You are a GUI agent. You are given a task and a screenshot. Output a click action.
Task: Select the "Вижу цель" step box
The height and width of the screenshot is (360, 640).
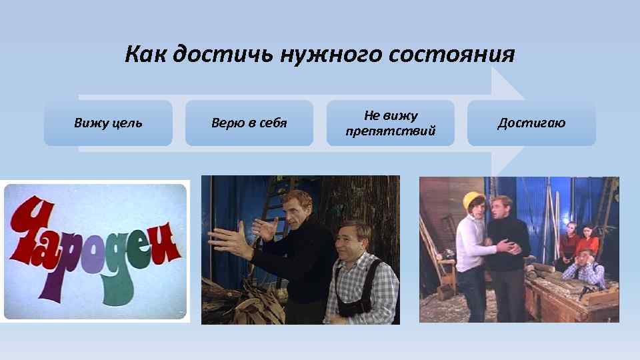tap(108, 123)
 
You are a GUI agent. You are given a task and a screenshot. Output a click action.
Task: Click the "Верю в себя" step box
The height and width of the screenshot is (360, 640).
tap(249, 123)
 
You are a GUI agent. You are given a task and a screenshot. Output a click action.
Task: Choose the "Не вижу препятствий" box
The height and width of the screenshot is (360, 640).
tap(390, 123)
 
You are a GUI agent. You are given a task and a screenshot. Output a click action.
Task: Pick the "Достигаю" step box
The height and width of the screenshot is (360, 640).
tap(531, 123)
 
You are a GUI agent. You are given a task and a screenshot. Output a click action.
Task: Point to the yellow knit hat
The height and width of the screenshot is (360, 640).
tap(474, 200)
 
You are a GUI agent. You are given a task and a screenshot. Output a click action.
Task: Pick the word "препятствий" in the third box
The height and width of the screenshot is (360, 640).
tap(391, 131)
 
